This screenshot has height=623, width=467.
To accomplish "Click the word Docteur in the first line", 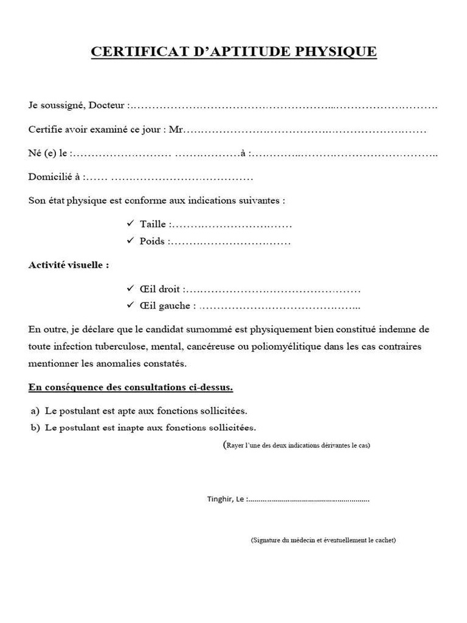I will (x=107, y=106).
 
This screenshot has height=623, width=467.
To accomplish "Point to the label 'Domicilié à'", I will (x=55, y=177).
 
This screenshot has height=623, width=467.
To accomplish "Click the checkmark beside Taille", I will (x=130, y=224).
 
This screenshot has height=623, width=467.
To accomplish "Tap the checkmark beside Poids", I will (x=130, y=241).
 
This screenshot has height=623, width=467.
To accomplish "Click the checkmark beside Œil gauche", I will (x=130, y=305).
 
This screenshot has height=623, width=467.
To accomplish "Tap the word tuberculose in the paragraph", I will (x=121, y=347).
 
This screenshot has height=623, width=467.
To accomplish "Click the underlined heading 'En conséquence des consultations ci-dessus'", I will (x=131, y=387).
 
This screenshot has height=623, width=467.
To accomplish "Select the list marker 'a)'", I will (x=34, y=411).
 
